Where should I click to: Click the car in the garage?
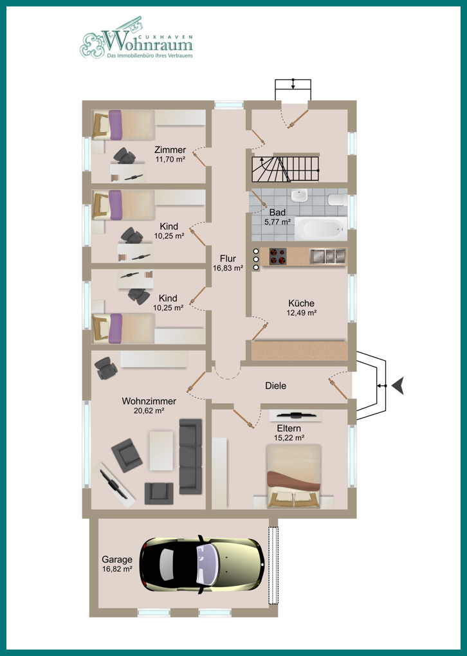[x=203, y=564]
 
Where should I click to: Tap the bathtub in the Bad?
[x=321, y=228]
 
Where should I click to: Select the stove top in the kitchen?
[x=277, y=257]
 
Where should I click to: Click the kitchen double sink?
[x=327, y=256]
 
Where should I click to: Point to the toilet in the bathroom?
[x=338, y=199]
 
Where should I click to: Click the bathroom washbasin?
[x=299, y=195]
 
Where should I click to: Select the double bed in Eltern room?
[x=294, y=476]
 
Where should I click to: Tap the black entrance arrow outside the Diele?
[x=398, y=386]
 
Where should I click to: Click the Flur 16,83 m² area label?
[x=228, y=264]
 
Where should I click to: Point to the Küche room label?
[x=301, y=304]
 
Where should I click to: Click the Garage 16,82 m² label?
[x=117, y=564]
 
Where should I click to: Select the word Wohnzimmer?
[x=149, y=401]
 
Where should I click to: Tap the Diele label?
[x=276, y=386]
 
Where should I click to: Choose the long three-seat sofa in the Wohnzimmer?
[x=190, y=457]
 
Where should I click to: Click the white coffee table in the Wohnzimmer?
[x=161, y=451]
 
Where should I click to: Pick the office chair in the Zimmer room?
[x=124, y=156]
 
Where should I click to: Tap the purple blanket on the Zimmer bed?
[x=115, y=125]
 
